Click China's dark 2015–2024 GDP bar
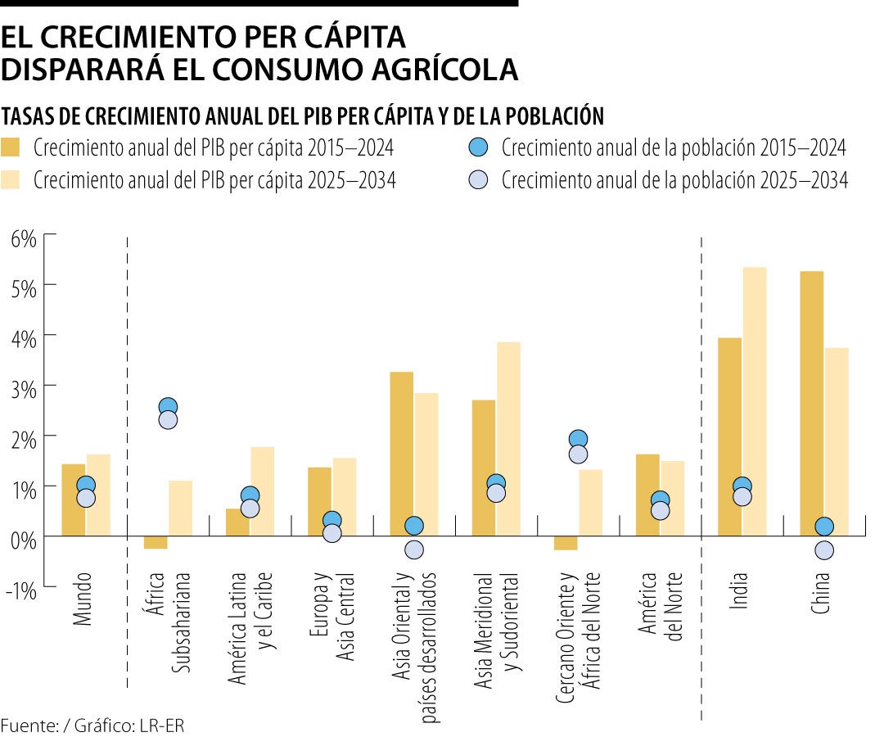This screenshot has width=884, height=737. tap(811, 401)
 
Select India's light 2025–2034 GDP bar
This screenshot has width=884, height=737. tap(754, 401)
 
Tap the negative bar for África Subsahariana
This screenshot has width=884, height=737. tap(156, 542)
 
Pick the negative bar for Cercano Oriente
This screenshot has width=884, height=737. tap(566, 543)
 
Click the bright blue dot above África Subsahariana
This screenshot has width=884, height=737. tap(169, 407)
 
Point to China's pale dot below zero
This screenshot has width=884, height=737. tap(824, 550)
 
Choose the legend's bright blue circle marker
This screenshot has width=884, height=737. tap(479, 147)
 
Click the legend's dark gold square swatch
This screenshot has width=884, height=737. tap(11, 147)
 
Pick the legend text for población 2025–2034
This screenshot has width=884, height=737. tap(674, 181)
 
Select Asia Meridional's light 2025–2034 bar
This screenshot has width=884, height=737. tap(508, 438)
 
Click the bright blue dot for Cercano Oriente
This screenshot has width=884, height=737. tap(578, 440)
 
